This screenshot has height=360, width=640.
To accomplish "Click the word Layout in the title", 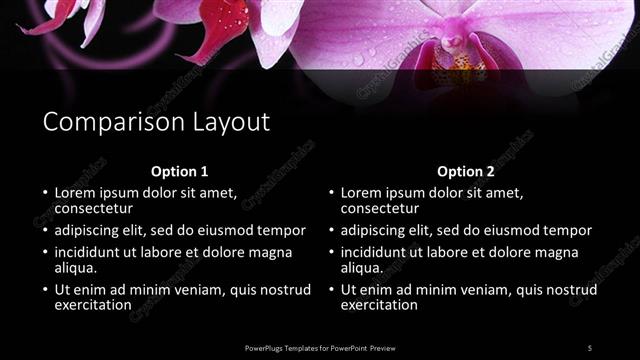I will click(x=233, y=122).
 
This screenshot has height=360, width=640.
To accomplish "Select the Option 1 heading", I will click(x=180, y=171).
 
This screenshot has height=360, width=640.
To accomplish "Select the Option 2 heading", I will click(x=466, y=171).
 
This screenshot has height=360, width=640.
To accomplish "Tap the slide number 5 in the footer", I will click(x=590, y=347).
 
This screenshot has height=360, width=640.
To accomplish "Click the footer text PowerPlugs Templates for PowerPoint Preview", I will click(x=321, y=347).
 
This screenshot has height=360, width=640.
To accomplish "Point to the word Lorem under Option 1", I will click(x=75, y=192).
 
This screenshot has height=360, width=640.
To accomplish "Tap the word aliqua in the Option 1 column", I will click(x=74, y=268).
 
